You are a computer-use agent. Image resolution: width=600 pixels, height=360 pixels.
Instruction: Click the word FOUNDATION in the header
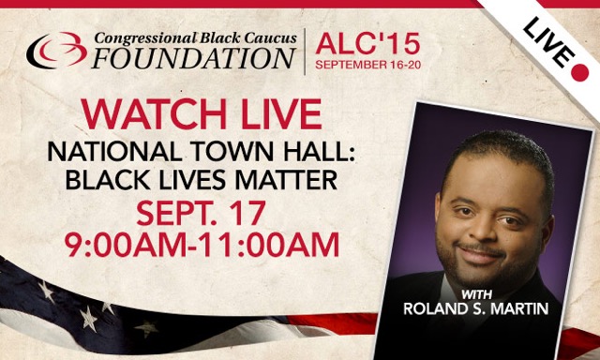(x=193, y=58)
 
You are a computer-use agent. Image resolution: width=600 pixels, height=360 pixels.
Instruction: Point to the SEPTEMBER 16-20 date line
(x=361, y=67)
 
